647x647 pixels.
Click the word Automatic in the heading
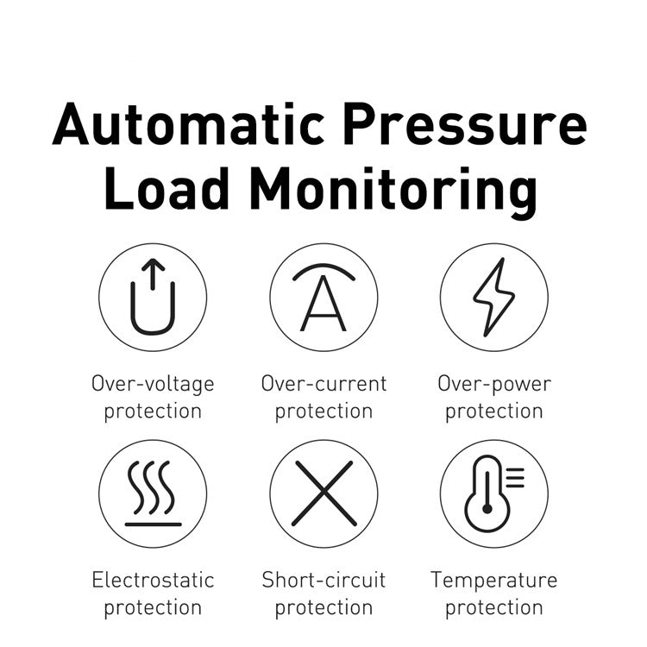[188, 123]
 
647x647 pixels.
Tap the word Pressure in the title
[465, 123]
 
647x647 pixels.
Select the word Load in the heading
[166, 188]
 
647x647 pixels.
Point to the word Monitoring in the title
[393, 192]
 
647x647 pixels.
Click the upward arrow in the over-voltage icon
[153, 274]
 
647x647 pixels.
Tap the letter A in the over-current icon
[323, 304]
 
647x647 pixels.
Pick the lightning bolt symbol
[494, 297]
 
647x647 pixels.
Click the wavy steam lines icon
[153, 487]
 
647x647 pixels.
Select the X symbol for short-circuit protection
[323, 493]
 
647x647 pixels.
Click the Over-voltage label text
[153, 384]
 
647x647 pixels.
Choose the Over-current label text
[323, 383]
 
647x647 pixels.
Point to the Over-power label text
[494, 384]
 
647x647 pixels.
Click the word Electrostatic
[153, 580]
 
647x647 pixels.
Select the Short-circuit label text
[323, 580]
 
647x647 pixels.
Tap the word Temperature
[494, 581]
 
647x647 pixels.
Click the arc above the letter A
[323, 267]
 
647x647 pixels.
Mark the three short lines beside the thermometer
[515, 477]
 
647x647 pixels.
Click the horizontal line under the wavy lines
[153, 525]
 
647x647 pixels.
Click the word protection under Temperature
[494, 608]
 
